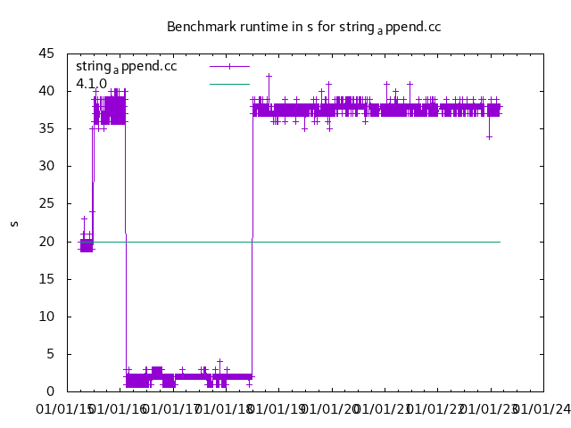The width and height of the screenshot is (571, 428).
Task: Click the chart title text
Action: pyautogui.click(x=303, y=27)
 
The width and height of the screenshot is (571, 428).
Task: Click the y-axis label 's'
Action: pyautogui.click(x=13, y=222)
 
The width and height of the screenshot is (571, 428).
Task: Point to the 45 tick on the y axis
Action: pyautogui.click(x=53, y=53)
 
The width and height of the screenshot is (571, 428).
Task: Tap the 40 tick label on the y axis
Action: pyautogui.click(x=53, y=91)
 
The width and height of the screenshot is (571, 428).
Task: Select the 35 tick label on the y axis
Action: pyautogui.click(x=53, y=128)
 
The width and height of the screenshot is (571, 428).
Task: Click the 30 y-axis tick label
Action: pyautogui.click(x=53, y=166)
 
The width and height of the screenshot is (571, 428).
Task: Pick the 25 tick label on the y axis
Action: pyautogui.click(x=53, y=203)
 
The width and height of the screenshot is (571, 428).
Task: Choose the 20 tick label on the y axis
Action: pyautogui.click(x=53, y=242)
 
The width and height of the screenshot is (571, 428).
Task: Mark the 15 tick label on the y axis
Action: pyautogui.click(x=53, y=279)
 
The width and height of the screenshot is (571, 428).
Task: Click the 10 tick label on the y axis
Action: pyautogui.click(x=53, y=317)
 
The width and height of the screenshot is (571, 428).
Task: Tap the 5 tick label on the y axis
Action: pyautogui.click(x=56, y=354)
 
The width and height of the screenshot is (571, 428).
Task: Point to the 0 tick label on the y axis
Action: pyautogui.click(x=56, y=391)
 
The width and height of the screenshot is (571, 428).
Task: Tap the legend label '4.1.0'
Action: pyautogui.click(x=91, y=84)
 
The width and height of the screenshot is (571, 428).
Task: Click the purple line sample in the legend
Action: pyautogui.click(x=229, y=67)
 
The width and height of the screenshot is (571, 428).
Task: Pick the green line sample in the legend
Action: pyautogui.click(x=229, y=84)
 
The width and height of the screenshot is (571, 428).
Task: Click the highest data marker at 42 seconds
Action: pyautogui.click(x=269, y=76)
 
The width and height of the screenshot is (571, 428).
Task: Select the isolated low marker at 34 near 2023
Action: pyautogui.click(x=489, y=136)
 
